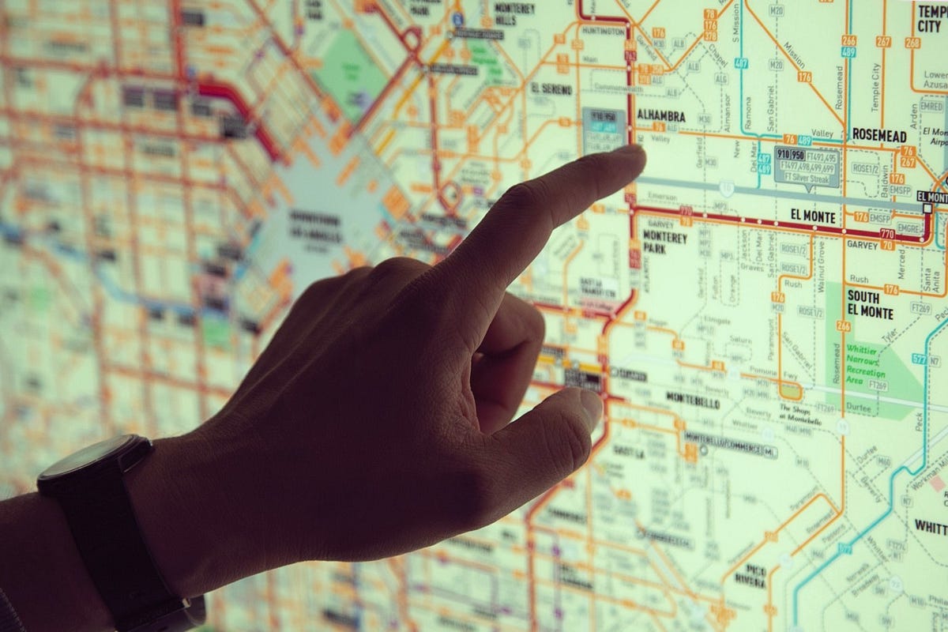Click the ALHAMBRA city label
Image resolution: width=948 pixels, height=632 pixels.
click(661, 117)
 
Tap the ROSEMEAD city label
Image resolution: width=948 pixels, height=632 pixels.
click(878, 135)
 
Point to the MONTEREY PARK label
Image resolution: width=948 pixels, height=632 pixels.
click(664, 242)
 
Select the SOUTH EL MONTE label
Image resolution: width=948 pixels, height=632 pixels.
click(870, 303)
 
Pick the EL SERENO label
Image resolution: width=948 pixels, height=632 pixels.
click(551, 89)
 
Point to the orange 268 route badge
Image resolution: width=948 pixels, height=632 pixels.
click(912, 43)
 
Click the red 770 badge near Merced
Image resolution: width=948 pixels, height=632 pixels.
click(886, 234)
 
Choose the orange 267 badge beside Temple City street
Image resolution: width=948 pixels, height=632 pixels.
click(883, 41)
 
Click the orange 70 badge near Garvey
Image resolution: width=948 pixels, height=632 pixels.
click(887, 246)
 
